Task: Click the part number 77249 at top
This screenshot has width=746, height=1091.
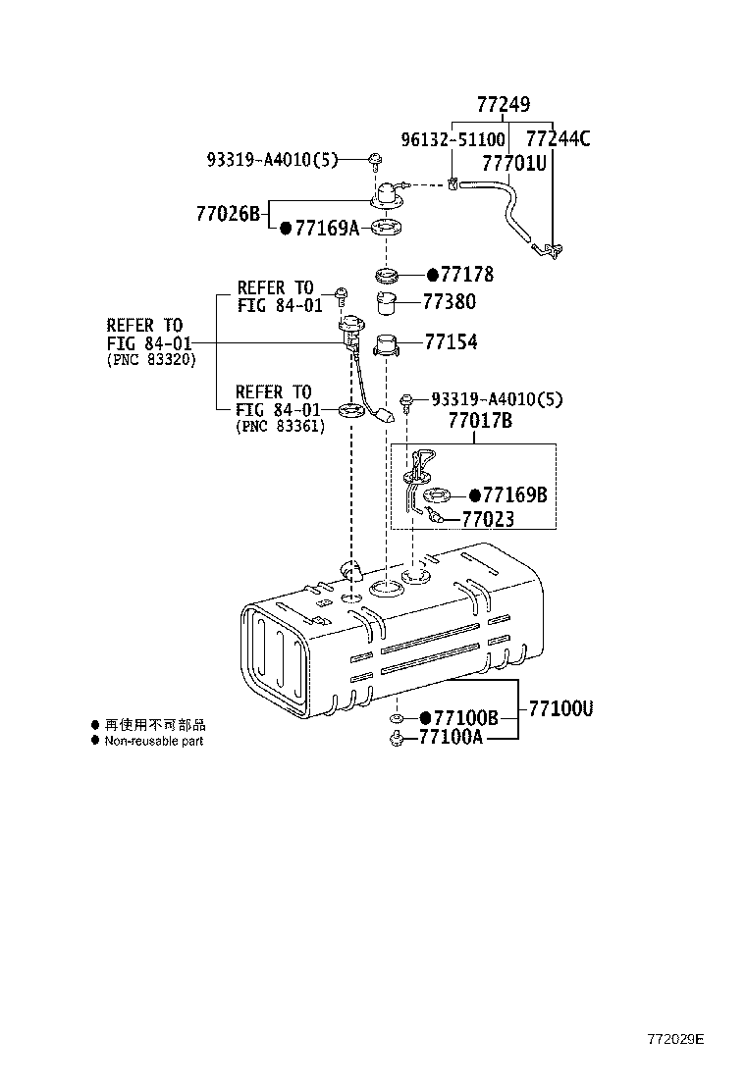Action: pos(504,104)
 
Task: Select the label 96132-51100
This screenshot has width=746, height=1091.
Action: pos(453,139)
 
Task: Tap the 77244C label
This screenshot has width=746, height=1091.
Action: pos(559,139)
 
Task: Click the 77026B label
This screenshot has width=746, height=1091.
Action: pos(227,213)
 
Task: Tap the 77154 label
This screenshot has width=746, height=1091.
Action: pos(451,341)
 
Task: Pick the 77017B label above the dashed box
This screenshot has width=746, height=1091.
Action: pos(481,422)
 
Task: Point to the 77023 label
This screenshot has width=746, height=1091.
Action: pos(488,520)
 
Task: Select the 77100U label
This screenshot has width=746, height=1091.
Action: pos(560,708)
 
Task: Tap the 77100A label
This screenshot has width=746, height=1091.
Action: pos(451,738)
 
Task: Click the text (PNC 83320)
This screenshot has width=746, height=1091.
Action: pos(151,360)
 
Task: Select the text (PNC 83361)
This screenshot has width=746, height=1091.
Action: pos(280,427)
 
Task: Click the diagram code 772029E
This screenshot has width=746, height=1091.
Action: pos(675,1038)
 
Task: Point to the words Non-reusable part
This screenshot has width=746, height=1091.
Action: pos(154,741)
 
